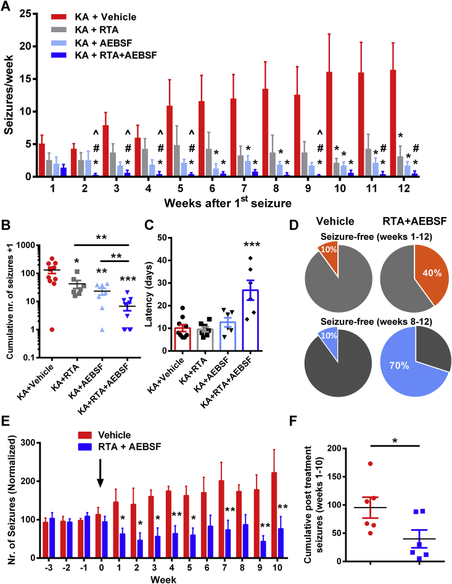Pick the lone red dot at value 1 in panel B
pos(52,329)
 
